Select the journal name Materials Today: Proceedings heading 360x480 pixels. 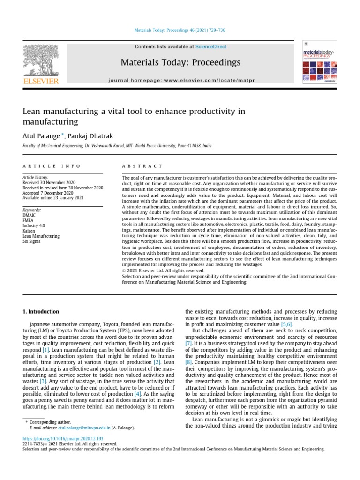[180, 62]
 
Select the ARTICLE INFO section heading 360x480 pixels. [52, 166]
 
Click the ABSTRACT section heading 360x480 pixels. [142, 166]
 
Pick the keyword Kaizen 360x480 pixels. [30, 231]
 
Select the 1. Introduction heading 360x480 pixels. [41, 311]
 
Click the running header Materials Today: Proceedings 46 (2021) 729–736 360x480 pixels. [180, 30]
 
